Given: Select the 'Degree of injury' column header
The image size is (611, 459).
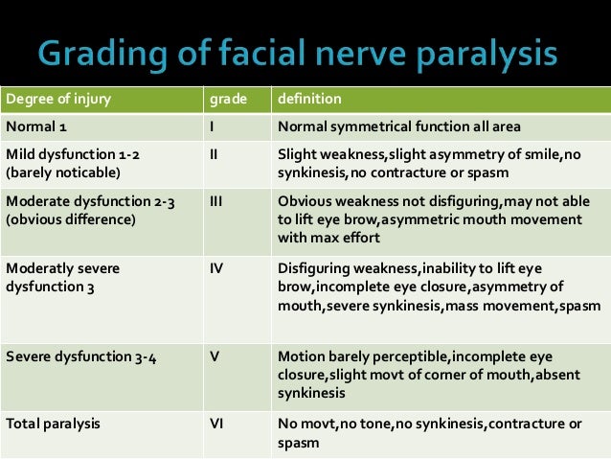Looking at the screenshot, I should point(50,99).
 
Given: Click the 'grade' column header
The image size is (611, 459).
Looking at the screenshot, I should point(225,99).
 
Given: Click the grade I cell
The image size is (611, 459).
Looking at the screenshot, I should point(212,126).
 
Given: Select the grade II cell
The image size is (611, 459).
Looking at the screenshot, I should point(214,152).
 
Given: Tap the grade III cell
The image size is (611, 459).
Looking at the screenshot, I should point(216,202).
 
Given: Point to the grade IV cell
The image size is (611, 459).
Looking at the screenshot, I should point(216,269).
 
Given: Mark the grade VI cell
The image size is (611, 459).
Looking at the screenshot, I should point(216,421).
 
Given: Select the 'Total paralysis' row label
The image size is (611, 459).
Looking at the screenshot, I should point(53,421).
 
